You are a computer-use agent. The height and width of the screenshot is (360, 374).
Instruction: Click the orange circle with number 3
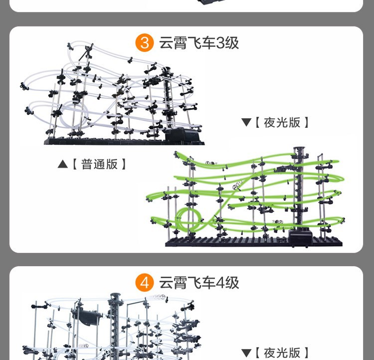[x=145, y=43]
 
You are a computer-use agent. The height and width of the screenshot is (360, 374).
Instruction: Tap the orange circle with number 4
[x=145, y=283]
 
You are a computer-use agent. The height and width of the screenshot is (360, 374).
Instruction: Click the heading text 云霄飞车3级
[x=199, y=43]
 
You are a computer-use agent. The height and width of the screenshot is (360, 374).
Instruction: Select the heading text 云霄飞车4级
[x=199, y=283]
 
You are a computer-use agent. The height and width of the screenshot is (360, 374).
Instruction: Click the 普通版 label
[x=99, y=164]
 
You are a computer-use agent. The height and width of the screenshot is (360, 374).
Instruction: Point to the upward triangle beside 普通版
[x=62, y=164]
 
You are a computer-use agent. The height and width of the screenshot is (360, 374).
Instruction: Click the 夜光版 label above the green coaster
[x=282, y=122]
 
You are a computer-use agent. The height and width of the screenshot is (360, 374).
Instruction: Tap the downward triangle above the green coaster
[x=246, y=122]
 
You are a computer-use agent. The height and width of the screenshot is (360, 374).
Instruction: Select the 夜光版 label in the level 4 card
[x=282, y=353]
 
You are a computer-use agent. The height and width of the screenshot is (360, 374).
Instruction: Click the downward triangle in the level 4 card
[x=246, y=353]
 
